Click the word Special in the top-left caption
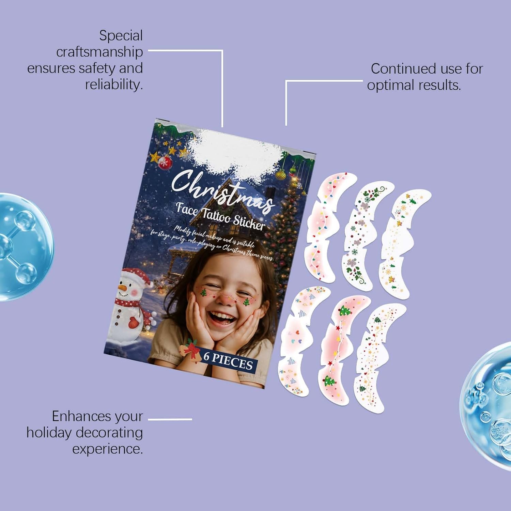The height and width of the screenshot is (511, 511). click(121, 36)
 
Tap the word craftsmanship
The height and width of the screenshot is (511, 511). click(99, 52)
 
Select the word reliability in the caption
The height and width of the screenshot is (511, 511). click(114, 85)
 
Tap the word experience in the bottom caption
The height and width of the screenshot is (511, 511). click(107, 449)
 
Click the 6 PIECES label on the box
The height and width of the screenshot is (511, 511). click(228, 361)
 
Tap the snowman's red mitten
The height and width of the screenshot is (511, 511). click(134, 322)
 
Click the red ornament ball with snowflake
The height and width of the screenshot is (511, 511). click(166, 162)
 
